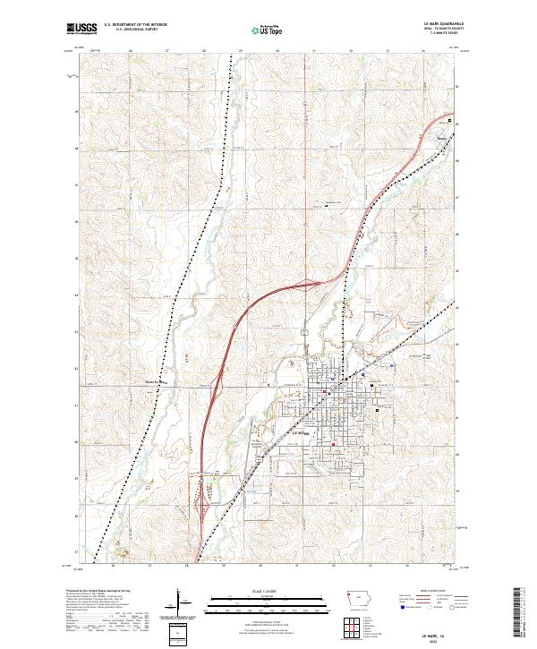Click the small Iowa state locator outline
(357, 599)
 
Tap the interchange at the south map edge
(199, 510)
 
